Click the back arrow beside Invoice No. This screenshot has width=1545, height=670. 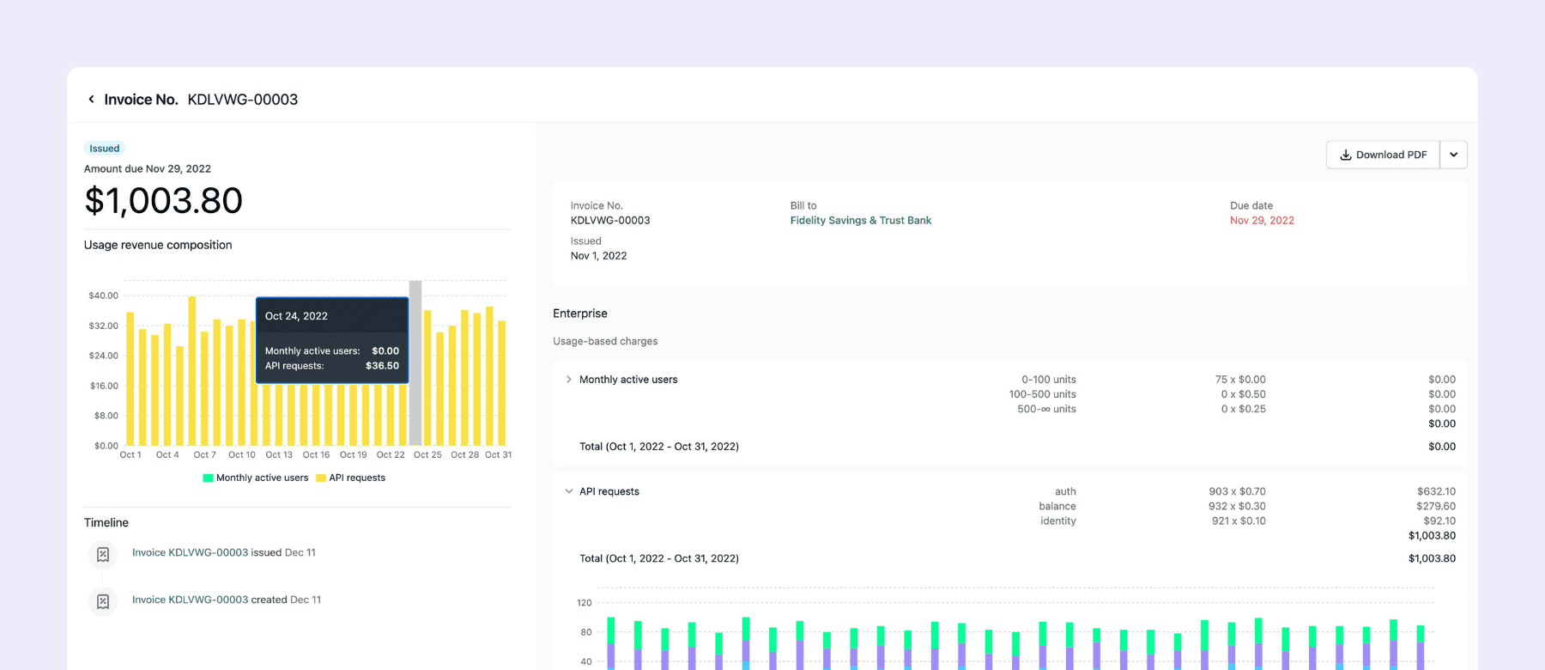[91, 100]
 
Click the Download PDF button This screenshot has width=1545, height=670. [1383, 155]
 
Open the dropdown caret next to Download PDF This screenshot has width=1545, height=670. [1454, 155]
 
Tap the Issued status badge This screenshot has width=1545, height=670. [105, 149]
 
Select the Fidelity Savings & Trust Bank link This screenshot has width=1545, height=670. [861, 221]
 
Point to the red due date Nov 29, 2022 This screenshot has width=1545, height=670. [1262, 221]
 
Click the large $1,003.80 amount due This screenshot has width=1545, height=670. [163, 201]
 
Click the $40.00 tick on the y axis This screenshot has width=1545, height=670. [104, 295]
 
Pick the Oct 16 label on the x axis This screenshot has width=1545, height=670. [316, 454]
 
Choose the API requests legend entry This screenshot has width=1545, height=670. [350, 478]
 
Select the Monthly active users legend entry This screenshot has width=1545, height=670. [256, 478]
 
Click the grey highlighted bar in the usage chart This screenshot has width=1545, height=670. [415, 362]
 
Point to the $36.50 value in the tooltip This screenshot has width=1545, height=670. [382, 366]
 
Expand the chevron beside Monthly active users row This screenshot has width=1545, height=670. [568, 380]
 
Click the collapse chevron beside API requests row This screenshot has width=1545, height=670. [568, 491]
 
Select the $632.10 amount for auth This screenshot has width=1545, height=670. [1436, 491]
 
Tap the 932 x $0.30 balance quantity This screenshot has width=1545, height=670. [1237, 506]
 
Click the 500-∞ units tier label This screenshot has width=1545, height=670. [1046, 409]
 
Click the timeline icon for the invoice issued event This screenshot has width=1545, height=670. [103, 554]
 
